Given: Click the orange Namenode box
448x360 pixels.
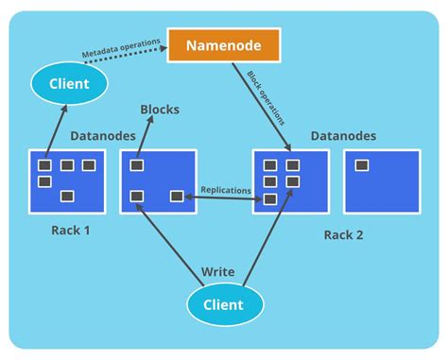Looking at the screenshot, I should [223, 45].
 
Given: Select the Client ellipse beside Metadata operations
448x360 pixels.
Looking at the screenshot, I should [68, 84].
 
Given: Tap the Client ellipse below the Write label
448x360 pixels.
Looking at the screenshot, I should [223, 304].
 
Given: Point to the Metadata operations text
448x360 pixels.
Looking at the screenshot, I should [120, 45].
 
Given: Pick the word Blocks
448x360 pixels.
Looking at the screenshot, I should [160, 110].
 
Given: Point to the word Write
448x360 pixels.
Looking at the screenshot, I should [218, 272].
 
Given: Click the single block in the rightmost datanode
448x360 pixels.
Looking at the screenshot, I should [361, 165].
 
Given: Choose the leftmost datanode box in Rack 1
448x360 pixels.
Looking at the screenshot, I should [67, 181].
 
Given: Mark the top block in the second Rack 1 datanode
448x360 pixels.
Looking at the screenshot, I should [137, 165].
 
